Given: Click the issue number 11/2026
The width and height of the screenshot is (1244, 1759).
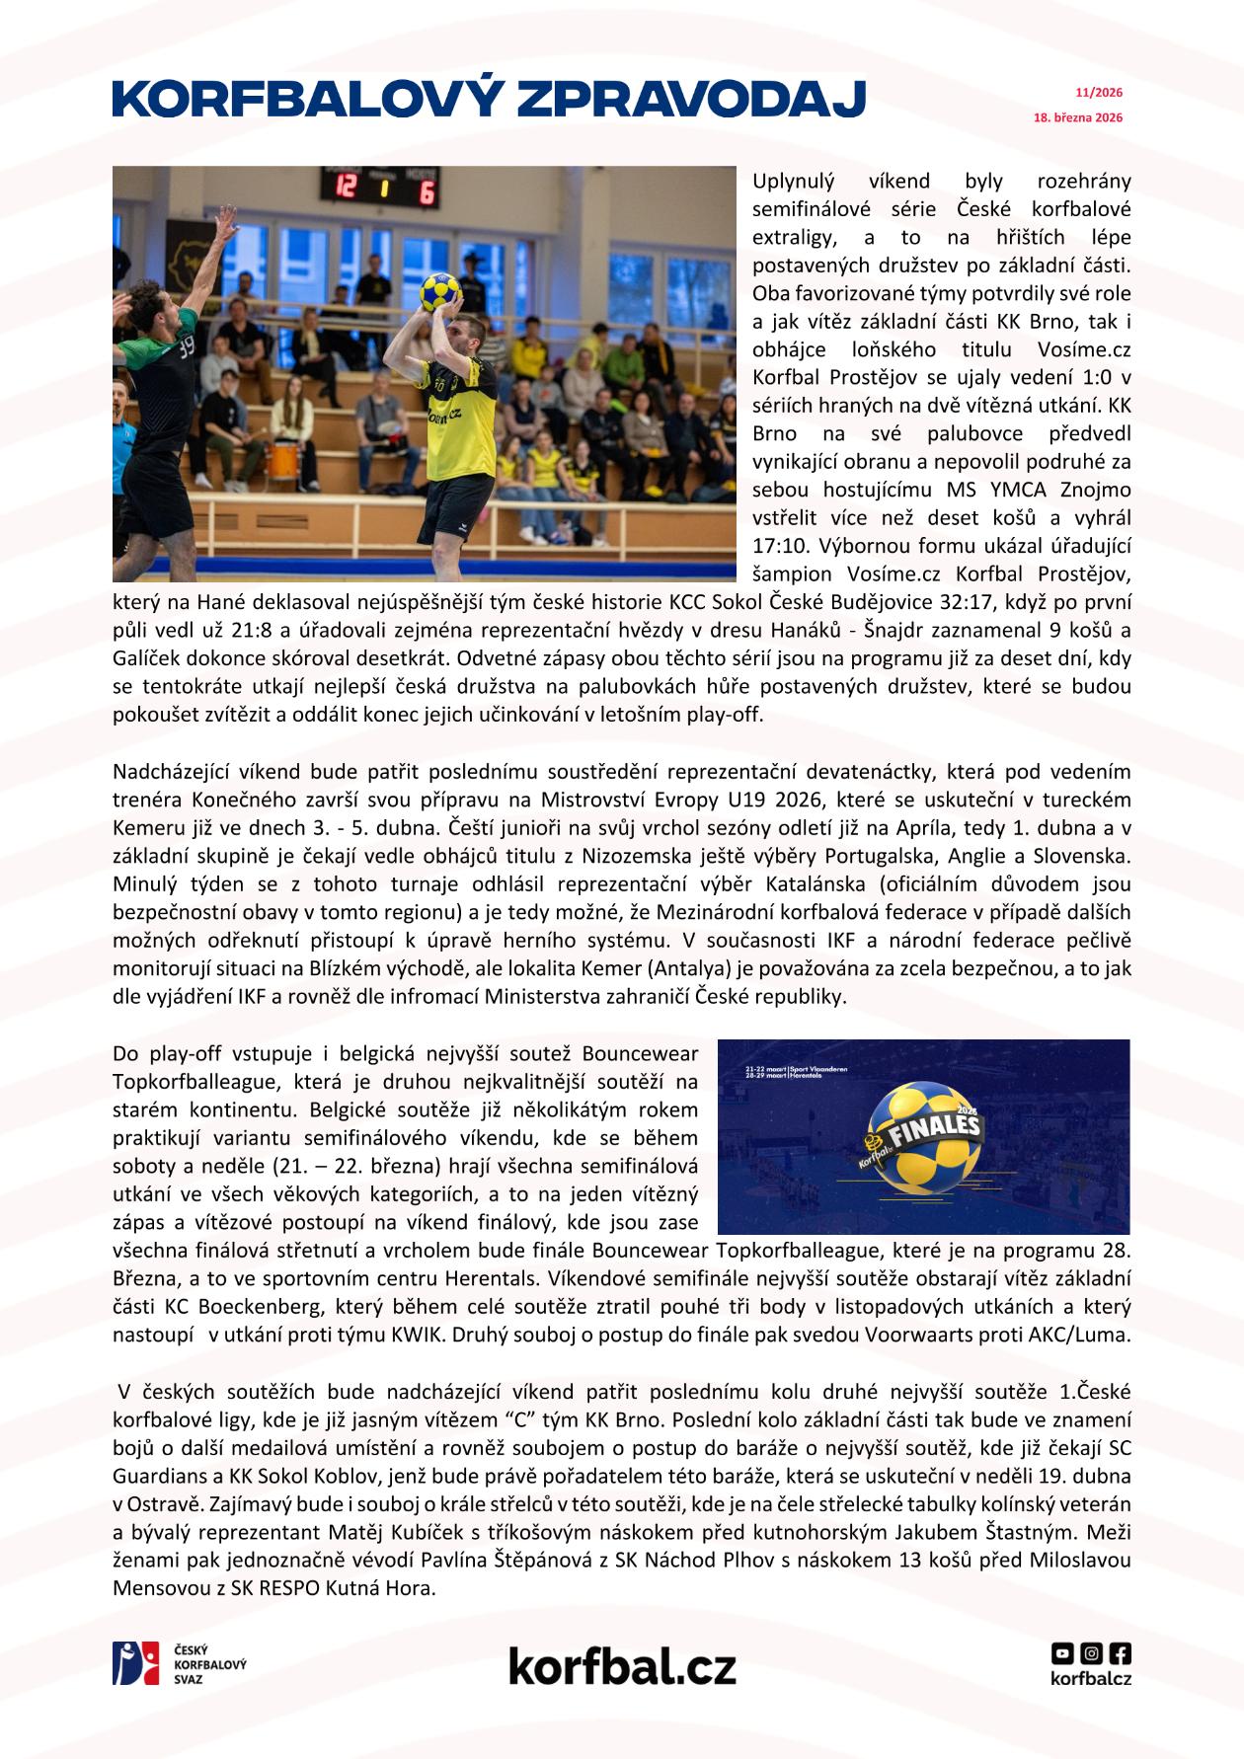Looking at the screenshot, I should tap(1099, 93).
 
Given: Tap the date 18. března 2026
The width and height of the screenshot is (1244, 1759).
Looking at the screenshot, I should tap(1078, 117).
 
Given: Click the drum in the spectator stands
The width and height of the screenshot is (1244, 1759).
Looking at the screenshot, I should tap(283, 460).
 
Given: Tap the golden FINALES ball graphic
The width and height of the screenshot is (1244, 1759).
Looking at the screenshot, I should tap(921, 1136).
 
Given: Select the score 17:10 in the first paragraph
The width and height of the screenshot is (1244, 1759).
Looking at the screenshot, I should tap(775, 546).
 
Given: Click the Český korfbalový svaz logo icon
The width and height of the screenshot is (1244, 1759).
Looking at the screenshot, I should tap(135, 1663).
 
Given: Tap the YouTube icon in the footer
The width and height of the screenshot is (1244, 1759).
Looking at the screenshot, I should tap(1062, 1652).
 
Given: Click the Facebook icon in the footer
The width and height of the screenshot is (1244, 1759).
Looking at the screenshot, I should tap(1121, 1652).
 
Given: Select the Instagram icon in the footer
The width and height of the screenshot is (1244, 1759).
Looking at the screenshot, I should tap(1091, 1652).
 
